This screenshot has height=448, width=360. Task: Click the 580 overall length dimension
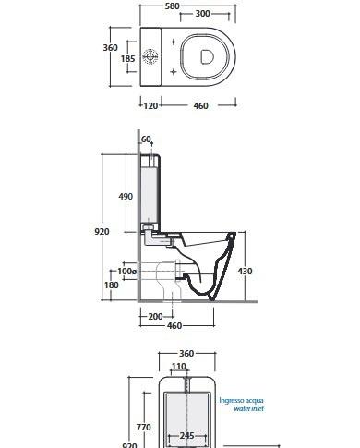172,6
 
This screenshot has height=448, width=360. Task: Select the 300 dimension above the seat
203,14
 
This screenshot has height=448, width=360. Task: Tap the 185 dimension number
127,58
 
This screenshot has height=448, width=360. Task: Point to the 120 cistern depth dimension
150,105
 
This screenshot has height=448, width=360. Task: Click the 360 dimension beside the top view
110,48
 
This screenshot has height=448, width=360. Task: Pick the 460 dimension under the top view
201,105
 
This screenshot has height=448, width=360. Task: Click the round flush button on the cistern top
150,56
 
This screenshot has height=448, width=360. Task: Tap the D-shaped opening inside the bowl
207,56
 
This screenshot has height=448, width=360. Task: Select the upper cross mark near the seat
174,42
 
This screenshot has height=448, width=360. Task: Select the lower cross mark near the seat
174,72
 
